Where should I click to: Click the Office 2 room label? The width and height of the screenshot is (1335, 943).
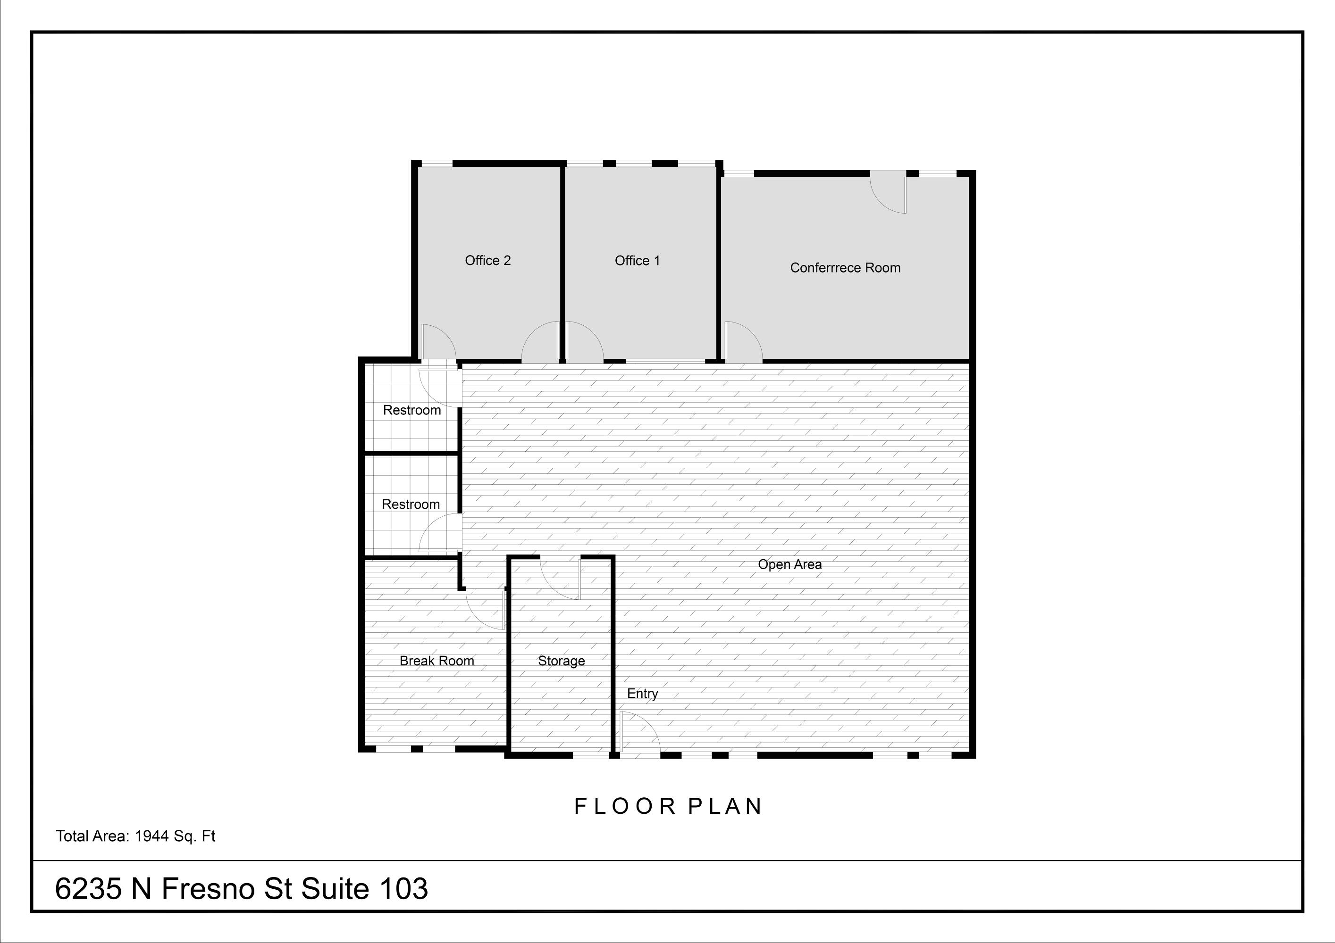coord(488,260)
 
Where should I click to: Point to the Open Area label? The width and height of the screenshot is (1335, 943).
coord(789,564)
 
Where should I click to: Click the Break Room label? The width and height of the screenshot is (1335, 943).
coord(437,661)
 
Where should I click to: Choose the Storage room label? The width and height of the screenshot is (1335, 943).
coord(561,661)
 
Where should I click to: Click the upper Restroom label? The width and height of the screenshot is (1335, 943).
coord(411,410)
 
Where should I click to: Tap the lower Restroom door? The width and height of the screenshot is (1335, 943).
coord(440,532)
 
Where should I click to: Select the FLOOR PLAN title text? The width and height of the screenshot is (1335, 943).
coord(668,806)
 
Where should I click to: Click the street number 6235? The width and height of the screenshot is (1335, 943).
coord(88,888)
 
